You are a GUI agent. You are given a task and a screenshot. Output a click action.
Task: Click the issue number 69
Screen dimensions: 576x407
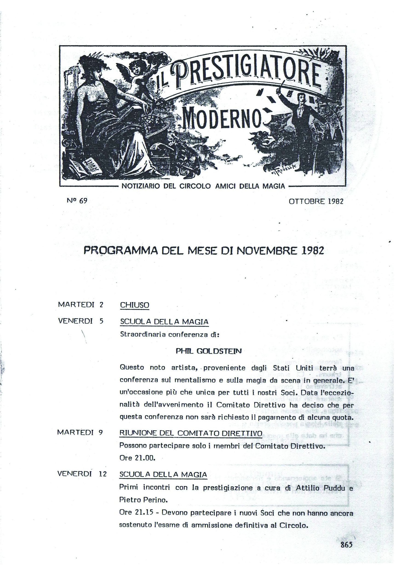[83, 201]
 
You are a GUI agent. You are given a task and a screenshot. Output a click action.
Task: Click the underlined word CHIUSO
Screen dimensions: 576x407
[135, 305]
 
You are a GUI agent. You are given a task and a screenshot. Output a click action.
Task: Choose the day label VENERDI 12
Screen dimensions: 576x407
[82, 474]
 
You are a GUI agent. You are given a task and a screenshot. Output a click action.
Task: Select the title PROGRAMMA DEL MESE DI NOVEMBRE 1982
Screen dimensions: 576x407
[203, 251]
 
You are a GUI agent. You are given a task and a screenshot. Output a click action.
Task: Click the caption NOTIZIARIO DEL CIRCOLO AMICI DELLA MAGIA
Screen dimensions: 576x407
[203, 186]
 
